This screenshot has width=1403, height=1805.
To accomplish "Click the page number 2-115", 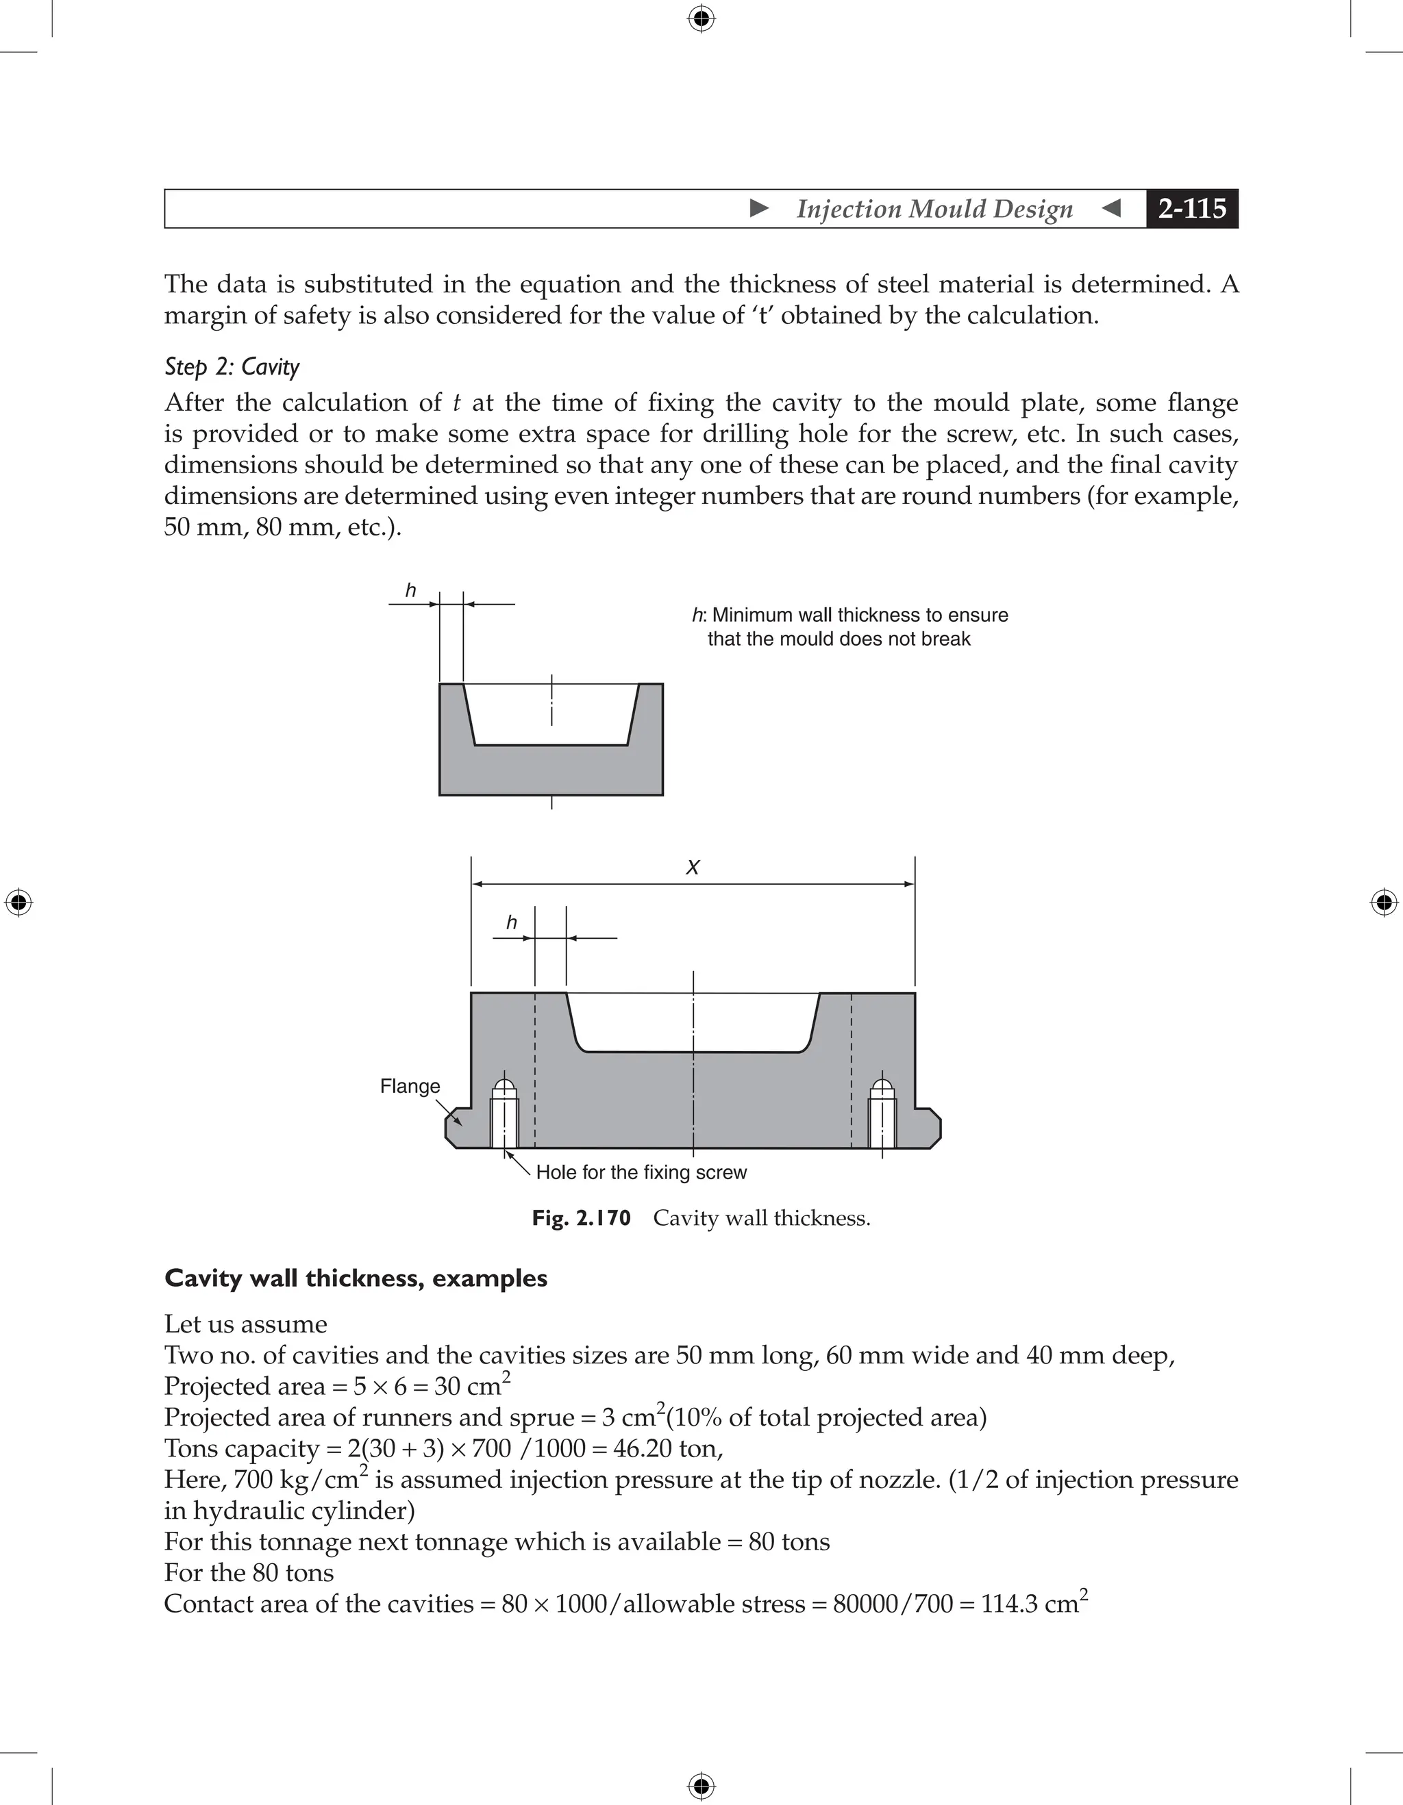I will pos(1191,208).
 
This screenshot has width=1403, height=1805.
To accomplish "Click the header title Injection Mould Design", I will pos(934,209).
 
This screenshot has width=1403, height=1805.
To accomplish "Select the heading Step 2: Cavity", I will pos(232,366).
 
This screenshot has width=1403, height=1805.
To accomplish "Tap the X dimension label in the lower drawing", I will pos(693,867).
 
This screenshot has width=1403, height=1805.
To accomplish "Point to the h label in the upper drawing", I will pos(410,591).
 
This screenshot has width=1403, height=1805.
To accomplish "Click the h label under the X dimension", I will pos(511,922).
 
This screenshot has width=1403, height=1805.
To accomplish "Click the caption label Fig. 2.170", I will pos(580,1218).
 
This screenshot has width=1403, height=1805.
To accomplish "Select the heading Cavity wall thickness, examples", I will pos(356,1278).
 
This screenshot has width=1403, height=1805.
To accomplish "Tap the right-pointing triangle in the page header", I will pos(759,208).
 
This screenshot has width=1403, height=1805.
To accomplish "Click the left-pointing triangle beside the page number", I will pos(1112,208).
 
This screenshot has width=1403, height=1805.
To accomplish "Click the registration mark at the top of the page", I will pos(701,18).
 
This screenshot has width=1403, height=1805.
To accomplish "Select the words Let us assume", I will pos(245,1324).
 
